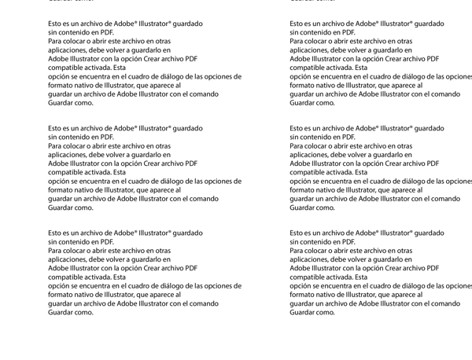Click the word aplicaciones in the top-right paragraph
(x=310, y=50)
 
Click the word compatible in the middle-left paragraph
(x=67, y=172)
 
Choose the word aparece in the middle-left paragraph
(x=168, y=189)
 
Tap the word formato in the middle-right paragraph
(x=301, y=189)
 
